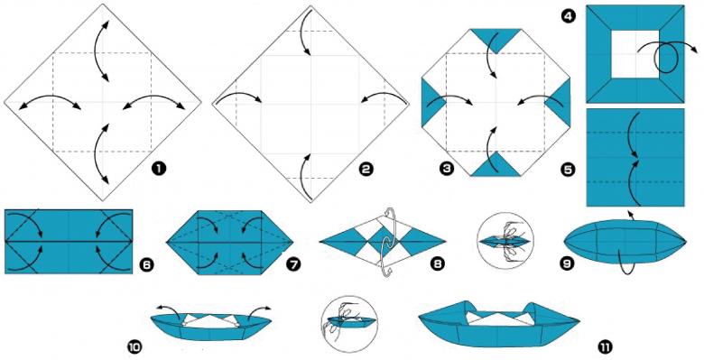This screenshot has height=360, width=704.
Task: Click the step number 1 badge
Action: (x=158, y=169)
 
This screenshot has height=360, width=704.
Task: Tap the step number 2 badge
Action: (x=366, y=170)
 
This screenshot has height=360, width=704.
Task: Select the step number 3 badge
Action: (x=447, y=169)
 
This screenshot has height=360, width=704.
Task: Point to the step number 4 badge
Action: (x=569, y=17)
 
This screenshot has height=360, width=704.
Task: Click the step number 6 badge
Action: (x=146, y=264)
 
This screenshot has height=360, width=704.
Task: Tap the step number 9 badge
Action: (x=567, y=263)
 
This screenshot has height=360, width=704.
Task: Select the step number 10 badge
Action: (x=134, y=346)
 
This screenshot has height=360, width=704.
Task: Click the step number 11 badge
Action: (x=606, y=346)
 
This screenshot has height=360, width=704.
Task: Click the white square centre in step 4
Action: (x=635, y=54)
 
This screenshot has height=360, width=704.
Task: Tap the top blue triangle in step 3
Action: (x=496, y=38)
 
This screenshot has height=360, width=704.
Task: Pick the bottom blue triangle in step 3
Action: (x=496, y=166)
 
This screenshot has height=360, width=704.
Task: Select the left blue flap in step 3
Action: (x=432, y=102)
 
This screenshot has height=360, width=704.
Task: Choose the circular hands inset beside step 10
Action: (x=350, y=324)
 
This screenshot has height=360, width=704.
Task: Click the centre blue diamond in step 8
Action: (x=383, y=241)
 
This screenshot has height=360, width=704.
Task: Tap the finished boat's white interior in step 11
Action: (x=498, y=318)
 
